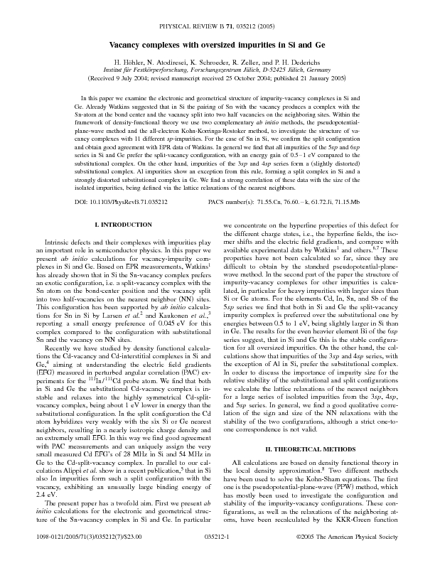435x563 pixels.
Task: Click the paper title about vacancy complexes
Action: point(217,44)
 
